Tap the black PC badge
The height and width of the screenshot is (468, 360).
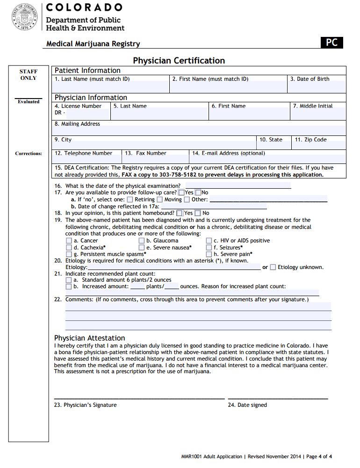tap(331, 43)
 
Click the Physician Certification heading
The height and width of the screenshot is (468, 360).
tap(179, 61)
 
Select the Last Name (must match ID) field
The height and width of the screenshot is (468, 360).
tap(111, 87)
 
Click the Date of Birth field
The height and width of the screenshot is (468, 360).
tap(317, 87)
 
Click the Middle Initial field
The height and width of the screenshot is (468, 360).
tap(318, 114)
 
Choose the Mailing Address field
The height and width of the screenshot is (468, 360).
tap(199, 130)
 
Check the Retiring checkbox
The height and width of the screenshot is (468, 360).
tap(130, 200)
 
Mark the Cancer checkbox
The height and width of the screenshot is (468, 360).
tap(69, 241)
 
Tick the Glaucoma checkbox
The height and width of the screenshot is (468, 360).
tap(142, 241)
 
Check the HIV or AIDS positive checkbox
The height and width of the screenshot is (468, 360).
tap(209, 241)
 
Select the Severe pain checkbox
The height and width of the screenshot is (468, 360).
tap(209, 254)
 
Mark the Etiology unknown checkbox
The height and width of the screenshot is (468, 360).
tap(273, 267)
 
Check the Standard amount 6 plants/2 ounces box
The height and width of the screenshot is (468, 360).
tap(69, 280)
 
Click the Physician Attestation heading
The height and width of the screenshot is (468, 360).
tap(90, 338)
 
